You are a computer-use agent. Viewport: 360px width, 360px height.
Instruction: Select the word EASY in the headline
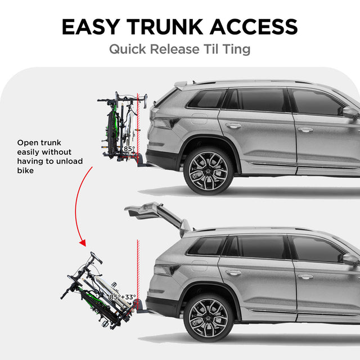pos(91,26)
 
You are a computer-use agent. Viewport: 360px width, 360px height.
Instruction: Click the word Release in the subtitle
pos(181,49)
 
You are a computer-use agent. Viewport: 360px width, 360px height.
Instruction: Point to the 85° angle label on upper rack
pos(129,149)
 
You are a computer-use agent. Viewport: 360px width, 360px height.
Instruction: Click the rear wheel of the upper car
pos(208,170)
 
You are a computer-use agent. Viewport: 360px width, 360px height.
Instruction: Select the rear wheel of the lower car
pos(208,317)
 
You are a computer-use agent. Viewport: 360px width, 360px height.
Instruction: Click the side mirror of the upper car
pos(350,112)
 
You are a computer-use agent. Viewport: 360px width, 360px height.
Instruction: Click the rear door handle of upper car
pos(233,125)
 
